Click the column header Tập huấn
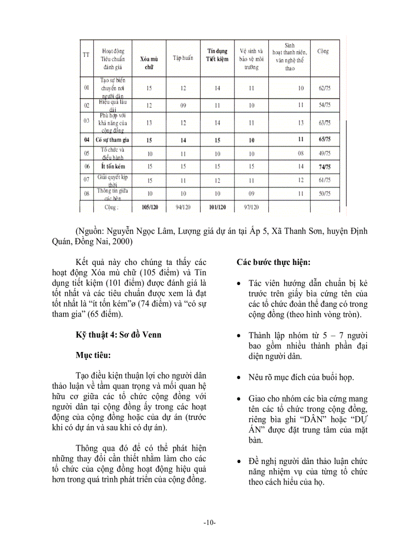click(182, 58)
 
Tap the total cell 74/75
click(324, 167)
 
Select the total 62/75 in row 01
click(324, 88)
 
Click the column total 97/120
click(251, 207)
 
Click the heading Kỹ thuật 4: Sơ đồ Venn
click(118, 335)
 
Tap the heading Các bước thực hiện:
click(273, 262)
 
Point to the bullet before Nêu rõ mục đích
click(238, 378)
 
